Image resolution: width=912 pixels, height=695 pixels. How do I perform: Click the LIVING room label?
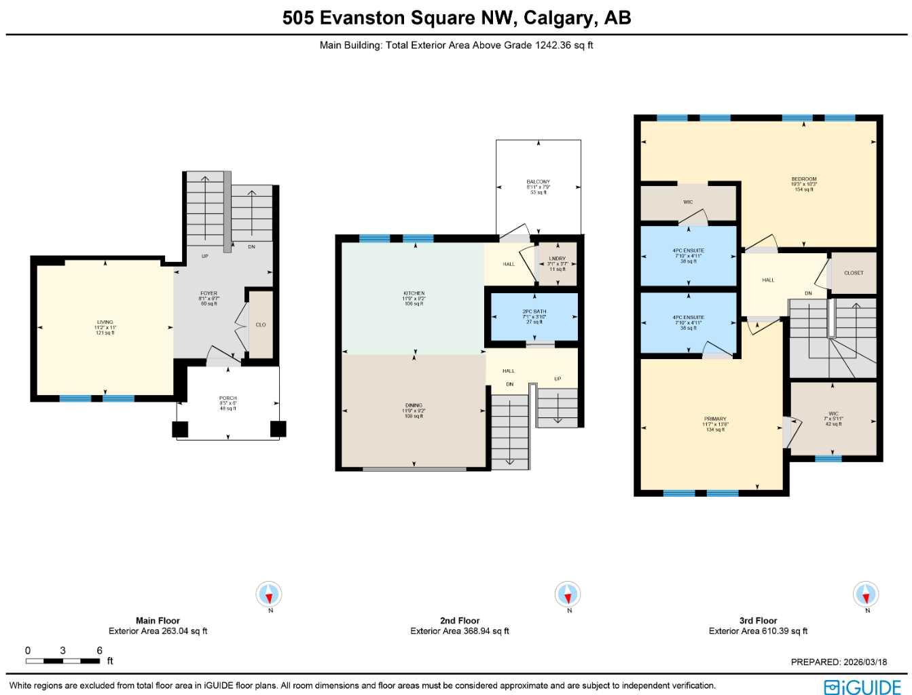(x=105, y=322)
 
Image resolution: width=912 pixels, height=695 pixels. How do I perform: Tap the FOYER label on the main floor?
(x=208, y=294)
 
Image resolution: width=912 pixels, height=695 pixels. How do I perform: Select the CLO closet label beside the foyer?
(x=261, y=325)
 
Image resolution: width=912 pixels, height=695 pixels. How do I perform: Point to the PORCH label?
(x=228, y=398)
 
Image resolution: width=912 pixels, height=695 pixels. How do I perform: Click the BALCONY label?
(x=539, y=182)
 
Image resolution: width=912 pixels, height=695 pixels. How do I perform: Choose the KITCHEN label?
(x=414, y=294)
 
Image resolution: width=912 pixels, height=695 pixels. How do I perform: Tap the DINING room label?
(x=414, y=406)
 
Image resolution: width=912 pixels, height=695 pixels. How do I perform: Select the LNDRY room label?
(x=557, y=259)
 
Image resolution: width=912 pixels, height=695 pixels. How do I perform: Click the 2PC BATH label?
(x=534, y=312)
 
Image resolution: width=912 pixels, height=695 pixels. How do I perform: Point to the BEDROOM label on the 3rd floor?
(x=804, y=179)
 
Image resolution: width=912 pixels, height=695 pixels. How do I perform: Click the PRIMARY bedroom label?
(x=715, y=419)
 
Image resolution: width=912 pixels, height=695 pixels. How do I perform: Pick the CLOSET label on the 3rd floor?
(x=854, y=273)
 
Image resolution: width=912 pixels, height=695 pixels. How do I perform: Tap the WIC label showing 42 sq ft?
(x=833, y=414)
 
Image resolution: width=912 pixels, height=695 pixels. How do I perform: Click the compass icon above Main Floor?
(x=270, y=595)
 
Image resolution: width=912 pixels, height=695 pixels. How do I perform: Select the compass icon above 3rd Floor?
(x=866, y=595)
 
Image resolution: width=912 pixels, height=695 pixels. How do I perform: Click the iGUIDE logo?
(x=862, y=687)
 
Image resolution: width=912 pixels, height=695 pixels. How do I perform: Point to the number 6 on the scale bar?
(x=99, y=650)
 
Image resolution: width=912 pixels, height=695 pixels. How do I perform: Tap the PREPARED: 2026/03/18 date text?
(x=839, y=662)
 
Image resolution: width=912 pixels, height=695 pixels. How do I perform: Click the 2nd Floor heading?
(x=460, y=620)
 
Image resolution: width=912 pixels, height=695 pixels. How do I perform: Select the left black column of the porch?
(x=180, y=429)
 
